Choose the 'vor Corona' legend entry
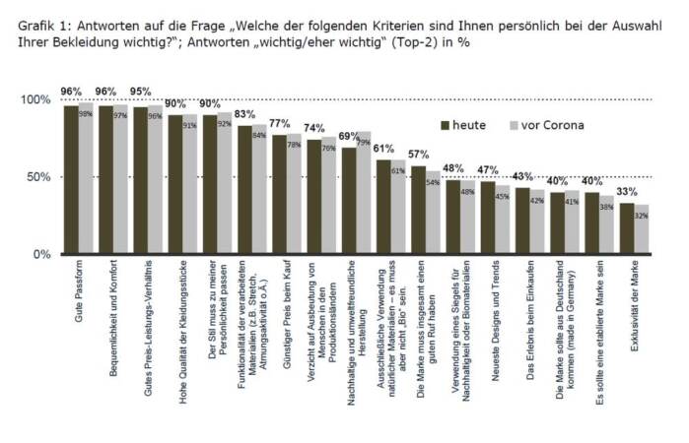coord(546,125)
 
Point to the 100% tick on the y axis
coord(34,100)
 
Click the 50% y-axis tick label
coord(37,177)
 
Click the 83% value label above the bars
coord(244,115)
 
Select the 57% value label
coord(418,155)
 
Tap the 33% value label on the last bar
coord(627,192)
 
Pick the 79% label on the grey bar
coord(363,141)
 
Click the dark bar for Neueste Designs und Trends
coord(488,218)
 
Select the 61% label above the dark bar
coord(383,149)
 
